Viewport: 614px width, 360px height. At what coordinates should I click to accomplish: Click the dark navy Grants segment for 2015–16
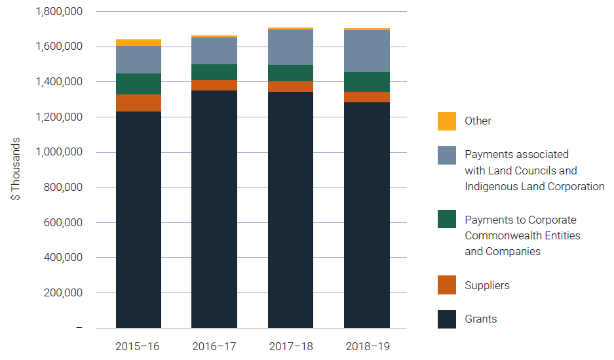tap(138, 220)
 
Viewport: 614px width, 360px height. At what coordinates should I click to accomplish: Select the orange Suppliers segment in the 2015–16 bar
tap(138, 103)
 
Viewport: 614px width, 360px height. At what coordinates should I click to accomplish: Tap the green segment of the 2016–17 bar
tap(214, 72)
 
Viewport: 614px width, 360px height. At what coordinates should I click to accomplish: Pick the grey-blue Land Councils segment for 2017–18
tap(290, 47)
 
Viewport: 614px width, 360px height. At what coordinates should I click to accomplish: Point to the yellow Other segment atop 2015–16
tap(138, 43)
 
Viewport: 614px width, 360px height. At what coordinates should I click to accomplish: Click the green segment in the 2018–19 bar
tap(366, 82)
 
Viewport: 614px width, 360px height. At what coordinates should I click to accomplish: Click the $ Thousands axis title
tap(16, 169)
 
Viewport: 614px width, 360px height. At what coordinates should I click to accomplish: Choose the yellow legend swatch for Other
tap(447, 121)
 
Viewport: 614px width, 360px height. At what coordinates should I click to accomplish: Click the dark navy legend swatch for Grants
tap(447, 319)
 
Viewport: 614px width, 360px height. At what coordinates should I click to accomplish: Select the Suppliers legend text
tap(487, 285)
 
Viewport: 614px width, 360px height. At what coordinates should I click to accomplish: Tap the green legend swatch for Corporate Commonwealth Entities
tap(447, 220)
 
